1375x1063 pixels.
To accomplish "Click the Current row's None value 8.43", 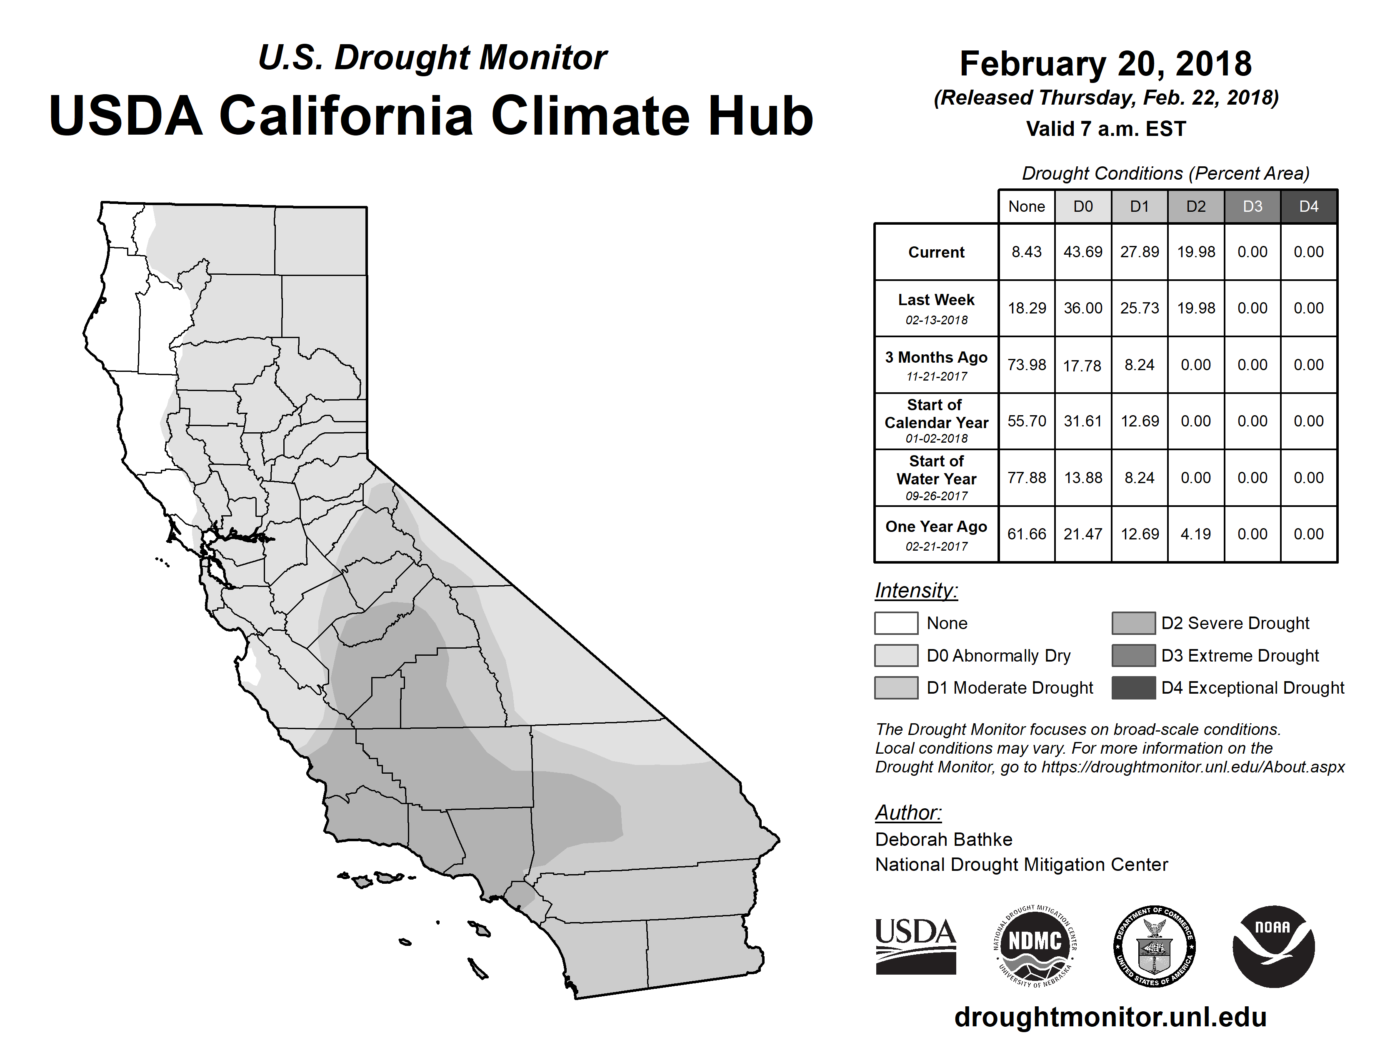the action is [x=1026, y=252].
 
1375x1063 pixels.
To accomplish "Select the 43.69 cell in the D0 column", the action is [x=1083, y=252].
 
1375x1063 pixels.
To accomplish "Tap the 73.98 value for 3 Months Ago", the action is [x=1026, y=365].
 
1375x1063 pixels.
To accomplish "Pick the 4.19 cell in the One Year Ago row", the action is [x=1195, y=534].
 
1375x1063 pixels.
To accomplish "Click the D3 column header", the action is [x=1252, y=206].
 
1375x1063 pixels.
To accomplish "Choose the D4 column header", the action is [x=1309, y=206].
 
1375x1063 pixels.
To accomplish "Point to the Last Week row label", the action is [x=936, y=308].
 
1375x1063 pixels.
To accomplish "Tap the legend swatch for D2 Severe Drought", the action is [x=1133, y=623].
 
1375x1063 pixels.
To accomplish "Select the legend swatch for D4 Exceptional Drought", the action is [x=1133, y=688].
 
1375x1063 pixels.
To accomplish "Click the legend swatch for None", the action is [x=896, y=623].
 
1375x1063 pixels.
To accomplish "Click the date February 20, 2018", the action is [x=1105, y=64].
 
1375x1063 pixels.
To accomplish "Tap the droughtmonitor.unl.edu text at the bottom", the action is [x=1110, y=1017].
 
